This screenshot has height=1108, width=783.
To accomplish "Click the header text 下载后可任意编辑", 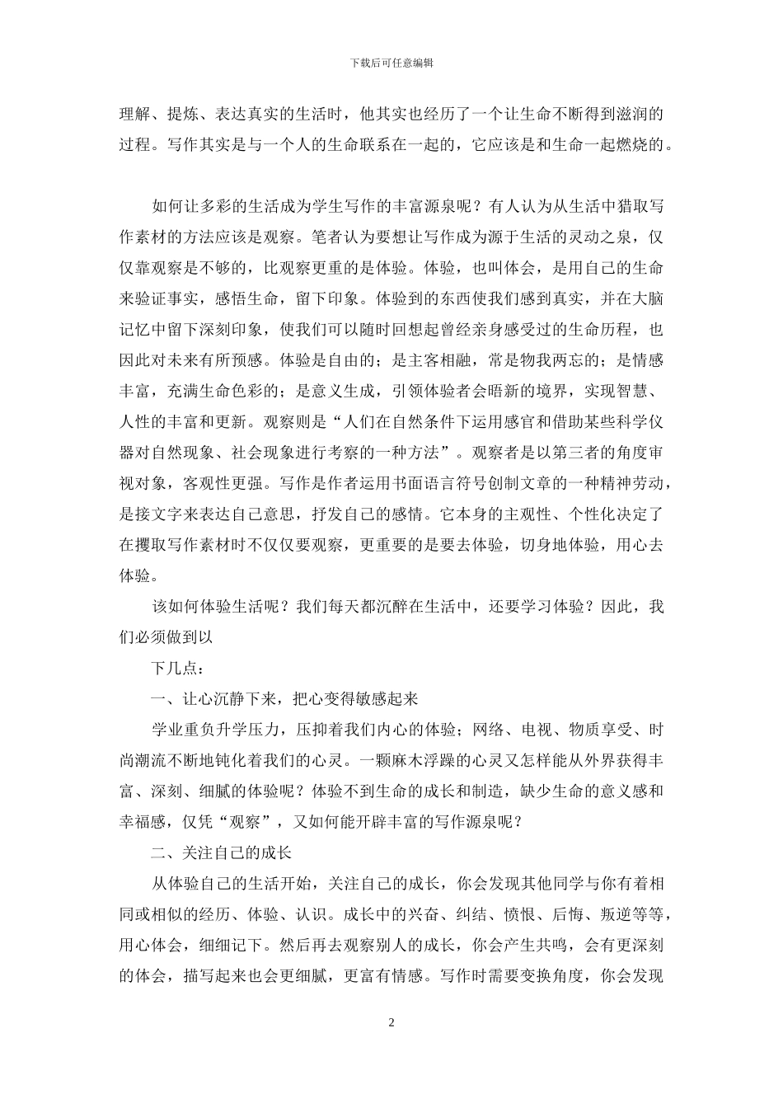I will (x=391, y=63).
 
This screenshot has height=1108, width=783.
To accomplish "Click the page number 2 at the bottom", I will (x=391, y=1023).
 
